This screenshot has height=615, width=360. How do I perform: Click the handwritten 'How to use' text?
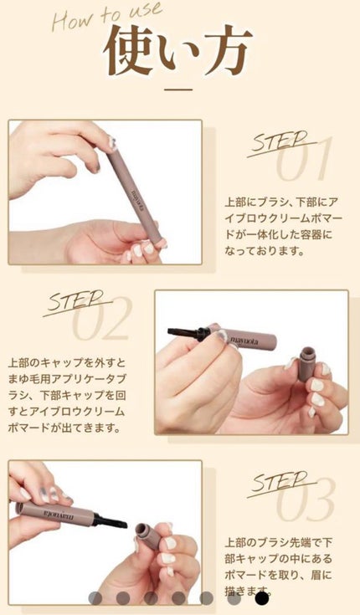pyautogui.click(x=107, y=17)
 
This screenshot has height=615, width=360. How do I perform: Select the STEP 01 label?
pyautogui.click(x=290, y=156)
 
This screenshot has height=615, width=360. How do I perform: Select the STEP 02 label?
pyautogui.click(x=86, y=315)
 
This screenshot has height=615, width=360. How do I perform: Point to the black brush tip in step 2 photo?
pyautogui.click(x=183, y=332)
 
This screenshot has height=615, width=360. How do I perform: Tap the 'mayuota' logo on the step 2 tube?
pyautogui.click(x=244, y=340)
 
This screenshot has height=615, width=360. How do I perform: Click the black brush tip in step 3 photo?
pyautogui.click(x=111, y=520)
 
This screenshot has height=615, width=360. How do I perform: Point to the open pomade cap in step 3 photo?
pyautogui.click(x=144, y=535)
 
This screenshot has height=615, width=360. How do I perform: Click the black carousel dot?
pyautogui.click(x=262, y=598)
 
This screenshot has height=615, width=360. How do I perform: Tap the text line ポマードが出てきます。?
pyautogui.click(x=64, y=428)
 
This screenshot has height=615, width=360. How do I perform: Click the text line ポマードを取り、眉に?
pyautogui.click(x=278, y=575)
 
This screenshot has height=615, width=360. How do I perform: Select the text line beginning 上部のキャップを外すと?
pyautogui.click(x=67, y=363)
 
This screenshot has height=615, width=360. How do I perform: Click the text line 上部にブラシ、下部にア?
pyautogui.click(x=281, y=202)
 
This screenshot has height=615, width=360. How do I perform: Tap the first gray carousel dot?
pyautogui.click(x=95, y=598)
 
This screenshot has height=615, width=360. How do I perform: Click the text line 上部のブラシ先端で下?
pyautogui.click(x=278, y=543)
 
